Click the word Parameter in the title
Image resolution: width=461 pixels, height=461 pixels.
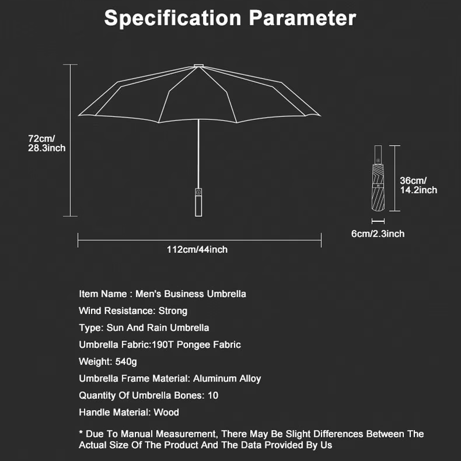[x=302, y=18]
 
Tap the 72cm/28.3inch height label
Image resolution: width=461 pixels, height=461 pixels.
[x=47, y=143]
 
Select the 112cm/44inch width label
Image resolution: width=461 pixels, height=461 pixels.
[x=197, y=250]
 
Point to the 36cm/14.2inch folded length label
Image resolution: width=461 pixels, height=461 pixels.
[x=418, y=185]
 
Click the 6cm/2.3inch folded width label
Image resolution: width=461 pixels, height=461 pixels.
[x=378, y=233]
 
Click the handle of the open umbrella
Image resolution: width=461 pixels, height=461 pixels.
[x=199, y=201]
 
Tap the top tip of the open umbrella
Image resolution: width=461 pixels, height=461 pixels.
[x=199, y=65]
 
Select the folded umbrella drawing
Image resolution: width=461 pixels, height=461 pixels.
[x=377, y=182]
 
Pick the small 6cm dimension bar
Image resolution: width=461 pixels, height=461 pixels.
[x=378, y=221]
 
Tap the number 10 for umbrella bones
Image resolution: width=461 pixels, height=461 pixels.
[x=213, y=395]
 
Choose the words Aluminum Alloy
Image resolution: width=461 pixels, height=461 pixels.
[x=227, y=379]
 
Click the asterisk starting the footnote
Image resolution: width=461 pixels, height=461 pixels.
[x=81, y=433]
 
